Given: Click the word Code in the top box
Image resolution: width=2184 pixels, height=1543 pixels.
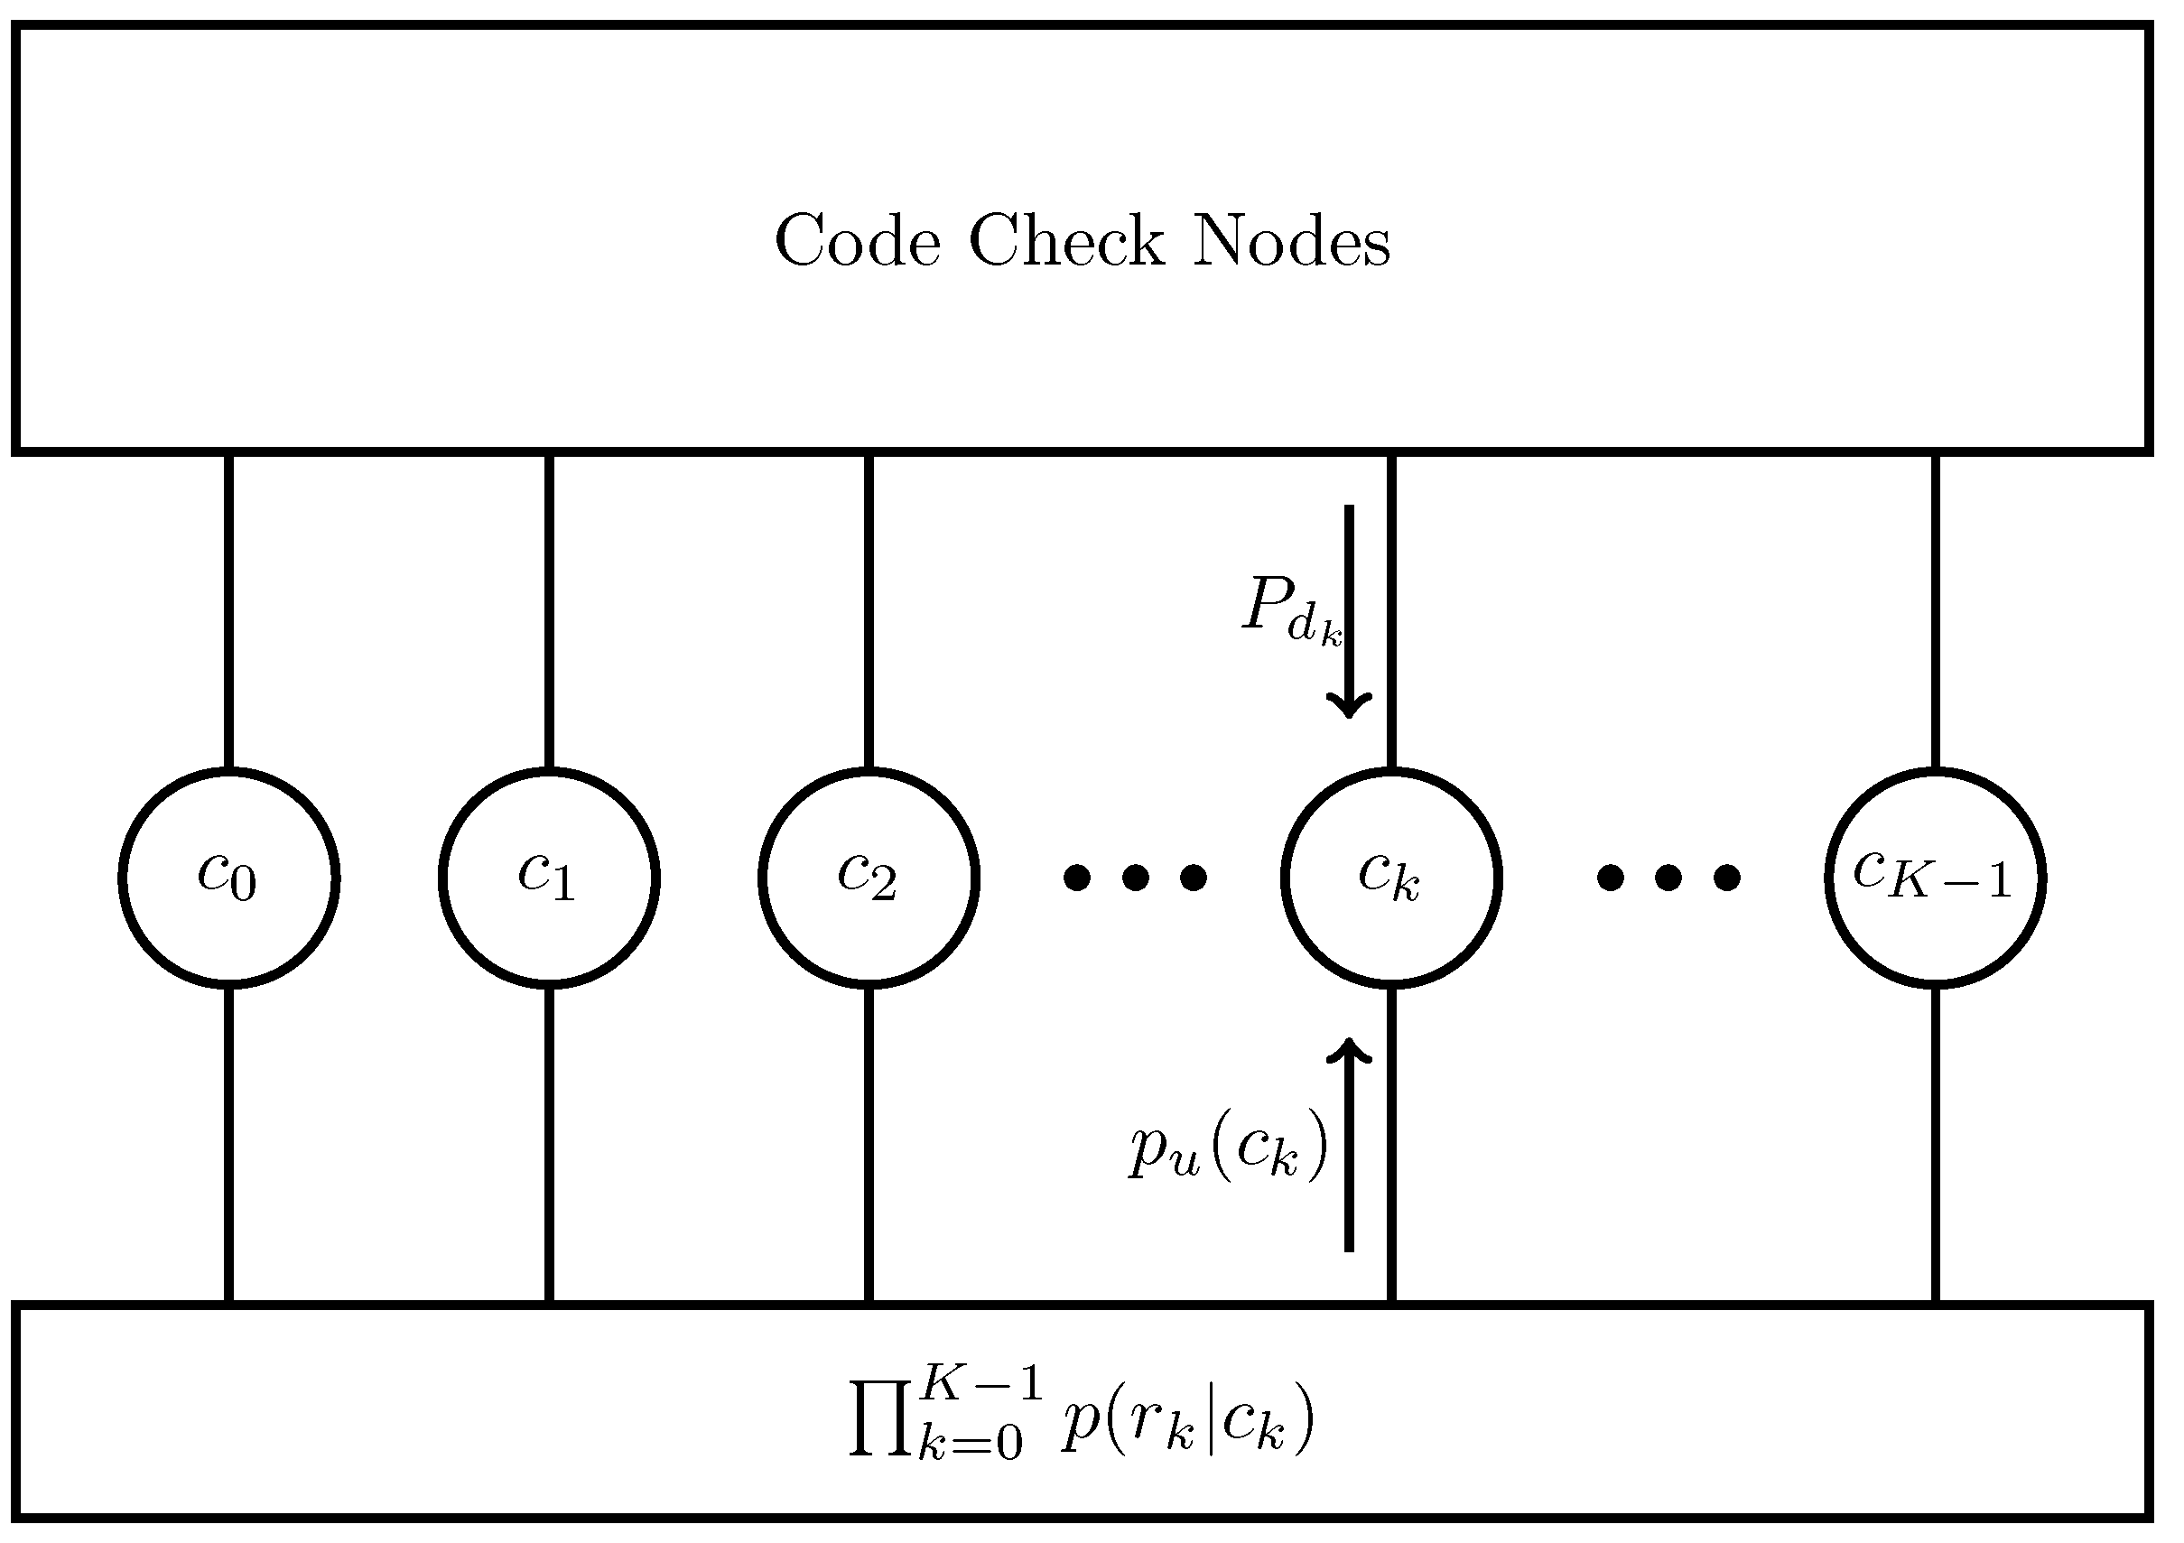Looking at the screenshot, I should click(x=858, y=242).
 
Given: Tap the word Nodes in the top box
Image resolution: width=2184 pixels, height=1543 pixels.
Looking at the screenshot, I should click(x=1291, y=242).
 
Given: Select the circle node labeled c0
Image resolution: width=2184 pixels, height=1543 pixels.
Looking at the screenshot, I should click(x=229, y=877).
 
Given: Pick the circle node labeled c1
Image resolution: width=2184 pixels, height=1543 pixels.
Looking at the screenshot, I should click(x=549, y=877).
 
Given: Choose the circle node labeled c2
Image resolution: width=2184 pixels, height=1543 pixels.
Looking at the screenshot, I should click(x=869, y=877).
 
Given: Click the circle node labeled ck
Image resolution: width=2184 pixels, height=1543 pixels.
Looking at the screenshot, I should click(x=1390, y=877).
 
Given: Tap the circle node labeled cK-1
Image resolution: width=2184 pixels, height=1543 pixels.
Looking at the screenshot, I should click(x=1935, y=877).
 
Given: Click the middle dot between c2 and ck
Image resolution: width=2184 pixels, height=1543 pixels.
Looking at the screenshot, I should click(x=1135, y=877).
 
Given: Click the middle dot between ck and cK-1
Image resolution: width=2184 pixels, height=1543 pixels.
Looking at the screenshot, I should click(x=1668, y=877).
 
